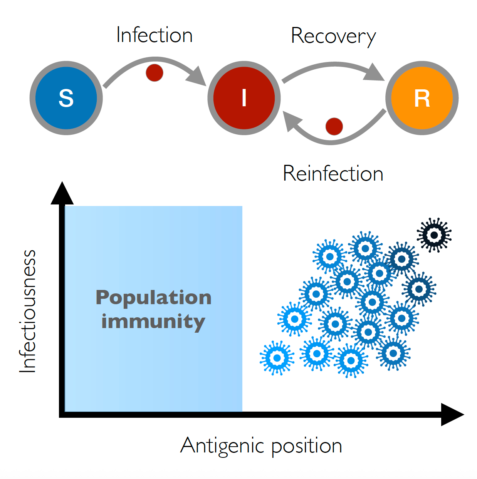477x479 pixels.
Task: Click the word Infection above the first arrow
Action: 154,35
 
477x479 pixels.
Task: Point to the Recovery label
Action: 333,36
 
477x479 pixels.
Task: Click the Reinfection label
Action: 333,174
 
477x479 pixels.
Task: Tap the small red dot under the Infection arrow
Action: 155,72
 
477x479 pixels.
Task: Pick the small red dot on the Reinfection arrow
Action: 334,126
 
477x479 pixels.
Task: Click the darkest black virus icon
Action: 434,235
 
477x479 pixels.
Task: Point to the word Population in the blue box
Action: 153,298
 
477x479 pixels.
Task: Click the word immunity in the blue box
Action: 153,322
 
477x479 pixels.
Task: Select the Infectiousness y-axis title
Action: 28,311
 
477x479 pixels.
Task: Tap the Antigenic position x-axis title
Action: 261,446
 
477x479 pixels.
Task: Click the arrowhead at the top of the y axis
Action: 62,193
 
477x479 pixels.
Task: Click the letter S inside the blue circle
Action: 66,98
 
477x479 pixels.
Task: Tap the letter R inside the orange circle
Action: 422,99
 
